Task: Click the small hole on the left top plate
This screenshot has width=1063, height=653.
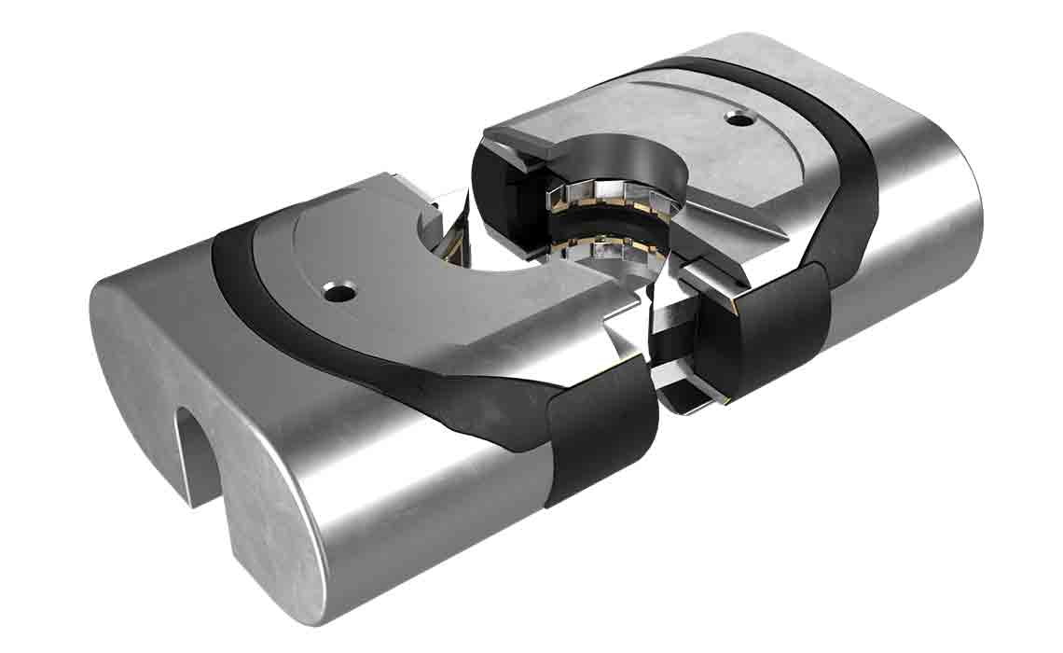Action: pos(338,293)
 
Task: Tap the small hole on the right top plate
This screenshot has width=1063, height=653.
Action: pos(740,119)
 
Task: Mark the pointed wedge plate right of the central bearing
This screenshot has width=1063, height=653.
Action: pos(737,219)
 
